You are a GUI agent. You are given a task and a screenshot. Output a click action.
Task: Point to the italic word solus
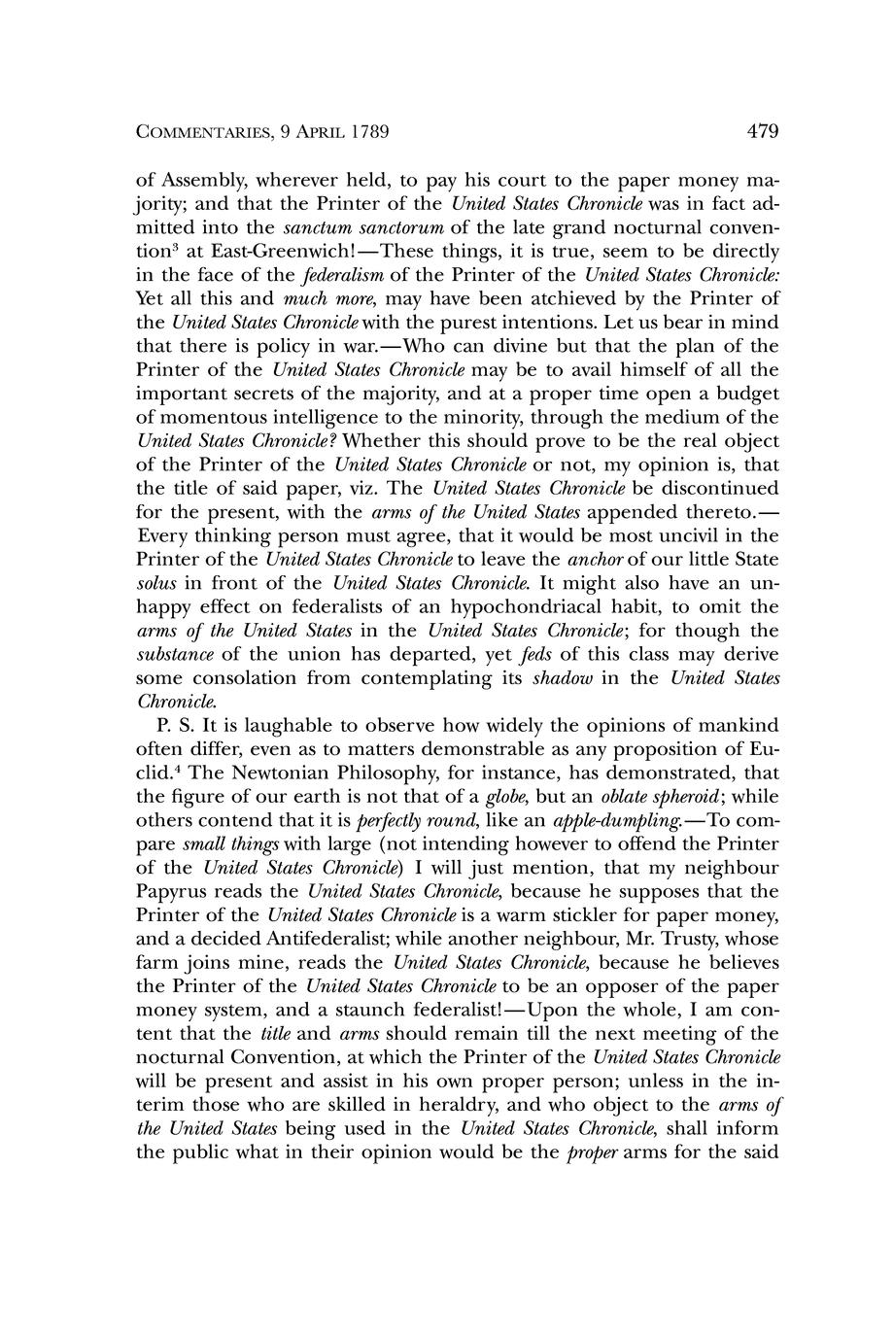(x=155, y=583)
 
